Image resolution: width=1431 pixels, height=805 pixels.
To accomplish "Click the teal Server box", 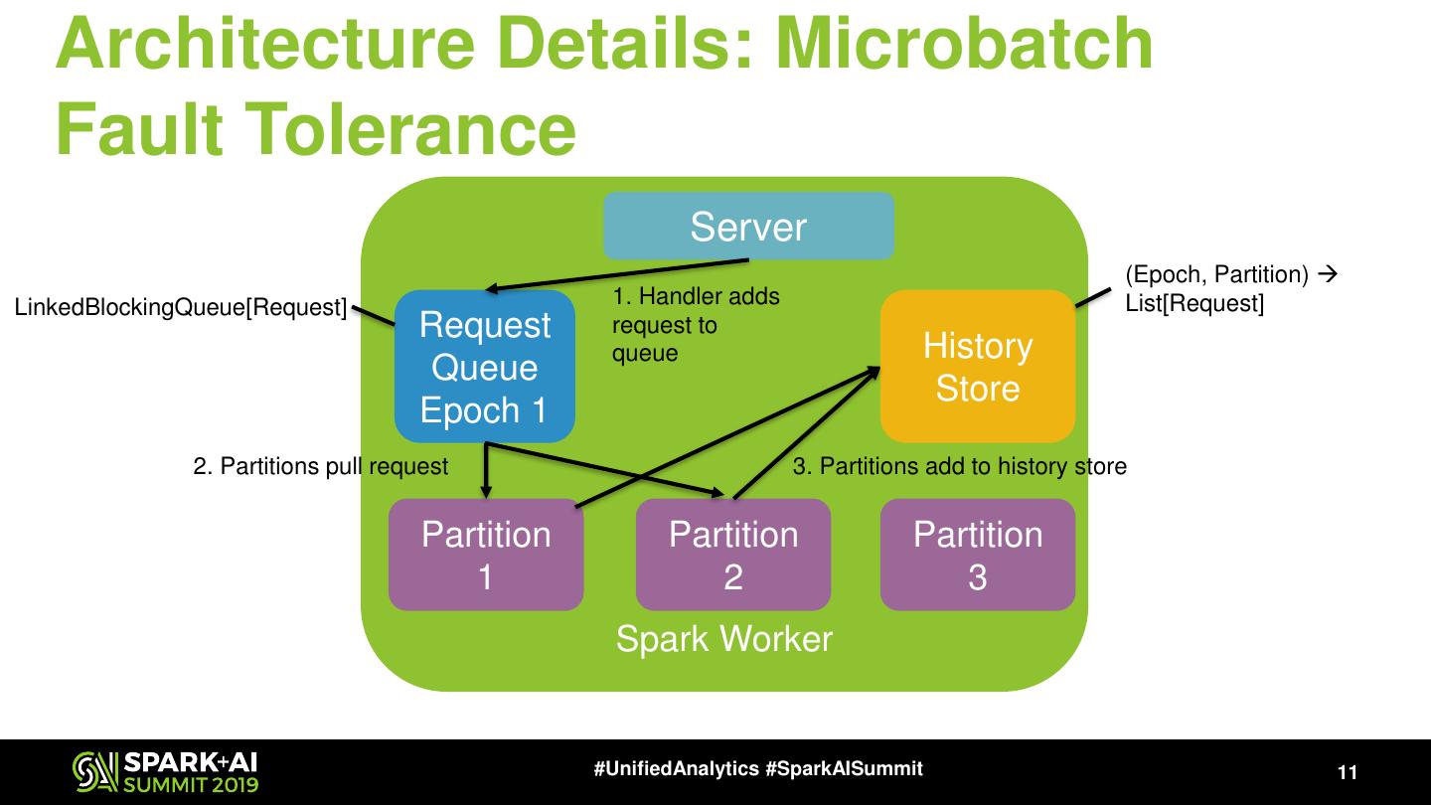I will click(748, 227).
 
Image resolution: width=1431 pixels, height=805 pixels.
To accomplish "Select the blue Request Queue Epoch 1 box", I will click(485, 367).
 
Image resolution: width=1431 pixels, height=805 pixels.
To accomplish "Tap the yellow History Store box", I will click(978, 367).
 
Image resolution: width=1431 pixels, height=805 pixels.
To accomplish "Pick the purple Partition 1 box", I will click(485, 555).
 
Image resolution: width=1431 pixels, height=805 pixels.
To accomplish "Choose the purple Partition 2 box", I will click(733, 555).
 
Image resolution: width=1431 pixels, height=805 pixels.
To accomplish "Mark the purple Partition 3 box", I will click(978, 555).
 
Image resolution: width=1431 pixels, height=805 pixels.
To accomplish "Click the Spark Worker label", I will click(723, 638).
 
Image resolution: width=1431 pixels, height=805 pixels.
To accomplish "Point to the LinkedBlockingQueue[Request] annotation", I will click(180, 308).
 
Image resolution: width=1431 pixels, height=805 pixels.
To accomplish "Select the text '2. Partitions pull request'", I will click(320, 466).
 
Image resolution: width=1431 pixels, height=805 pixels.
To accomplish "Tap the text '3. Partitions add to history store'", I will click(960, 466).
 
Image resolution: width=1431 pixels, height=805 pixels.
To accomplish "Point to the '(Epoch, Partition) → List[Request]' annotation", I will click(1230, 289).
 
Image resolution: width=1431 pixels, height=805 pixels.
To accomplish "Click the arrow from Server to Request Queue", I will click(616, 275).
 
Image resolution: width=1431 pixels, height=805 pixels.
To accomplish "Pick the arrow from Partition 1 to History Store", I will click(725, 437).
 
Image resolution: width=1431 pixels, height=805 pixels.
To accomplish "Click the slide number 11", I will click(1348, 773).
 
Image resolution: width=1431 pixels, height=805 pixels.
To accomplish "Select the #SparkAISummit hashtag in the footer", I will click(845, 769).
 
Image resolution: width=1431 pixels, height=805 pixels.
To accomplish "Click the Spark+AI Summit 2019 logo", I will click(165, 772).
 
